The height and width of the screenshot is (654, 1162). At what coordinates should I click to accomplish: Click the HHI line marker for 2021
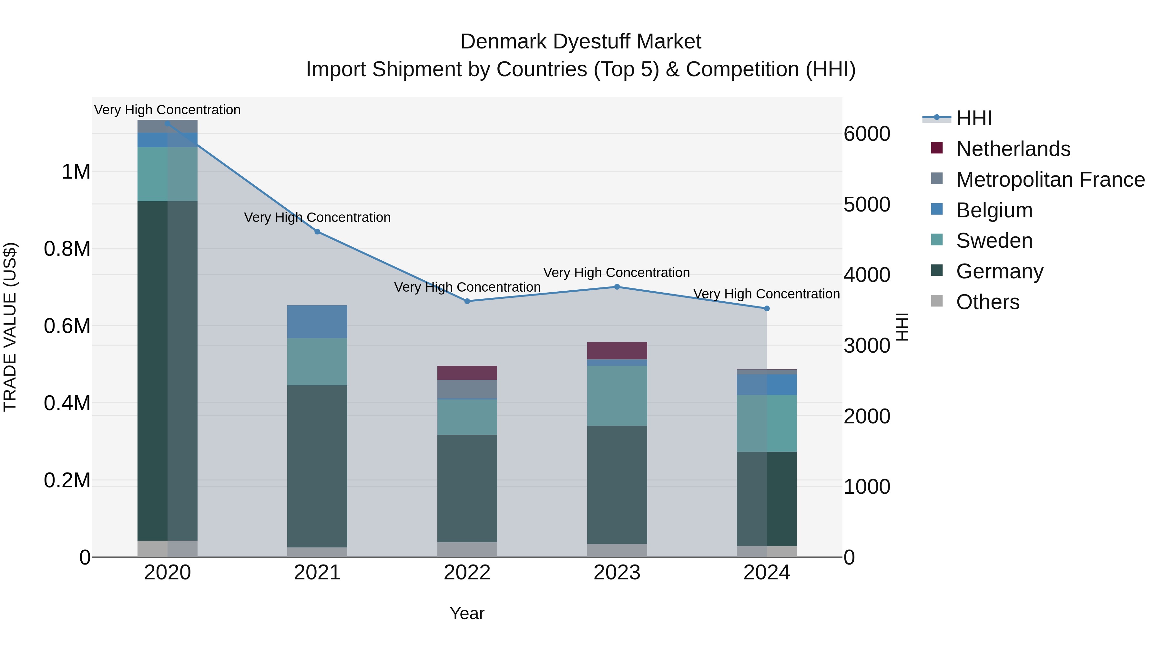click(x=317, y=232)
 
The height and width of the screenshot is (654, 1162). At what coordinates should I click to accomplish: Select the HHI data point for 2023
click(x=617, y=286)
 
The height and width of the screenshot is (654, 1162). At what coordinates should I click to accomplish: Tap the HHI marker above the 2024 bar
click(x=766, y=308)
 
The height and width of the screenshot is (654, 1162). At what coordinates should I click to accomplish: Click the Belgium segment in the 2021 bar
click(x=317, y=321)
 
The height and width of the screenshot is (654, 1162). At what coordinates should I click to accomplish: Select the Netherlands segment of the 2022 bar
click(x=467, y=372)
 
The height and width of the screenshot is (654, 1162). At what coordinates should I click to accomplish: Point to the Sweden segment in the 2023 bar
click(x=617, y=395)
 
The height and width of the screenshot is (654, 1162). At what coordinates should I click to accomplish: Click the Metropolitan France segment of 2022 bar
click(x=467, y=389)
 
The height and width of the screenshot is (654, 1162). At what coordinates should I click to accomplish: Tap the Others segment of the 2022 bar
click(x=467, y=549)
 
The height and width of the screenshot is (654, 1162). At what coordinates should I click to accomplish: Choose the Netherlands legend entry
click(x=1013, y=149)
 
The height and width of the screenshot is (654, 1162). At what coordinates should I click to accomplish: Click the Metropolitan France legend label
click(x=1050, y=180)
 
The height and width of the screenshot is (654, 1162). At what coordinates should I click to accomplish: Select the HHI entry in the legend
click(x=973, y=118)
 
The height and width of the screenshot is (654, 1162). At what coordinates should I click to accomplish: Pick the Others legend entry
click(x=987, y=302)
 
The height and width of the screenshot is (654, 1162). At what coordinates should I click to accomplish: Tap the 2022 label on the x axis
click(x=467, y=573)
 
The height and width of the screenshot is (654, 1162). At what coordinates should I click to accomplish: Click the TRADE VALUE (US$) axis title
click(x=10, y=327)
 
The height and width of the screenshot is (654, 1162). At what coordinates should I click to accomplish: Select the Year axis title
click(x=467, y=613)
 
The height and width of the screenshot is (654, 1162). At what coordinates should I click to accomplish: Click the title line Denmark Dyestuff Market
click(x=581, y=42)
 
